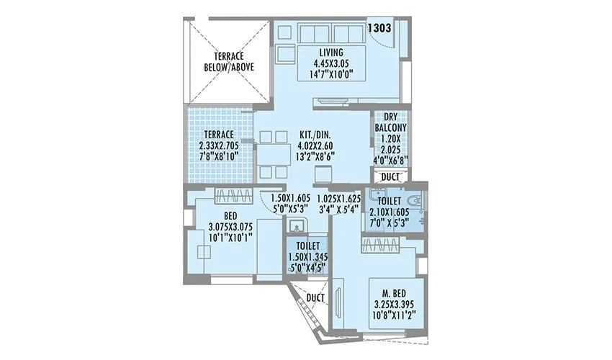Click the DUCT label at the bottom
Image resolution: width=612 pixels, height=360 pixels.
(x=314, y=297)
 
